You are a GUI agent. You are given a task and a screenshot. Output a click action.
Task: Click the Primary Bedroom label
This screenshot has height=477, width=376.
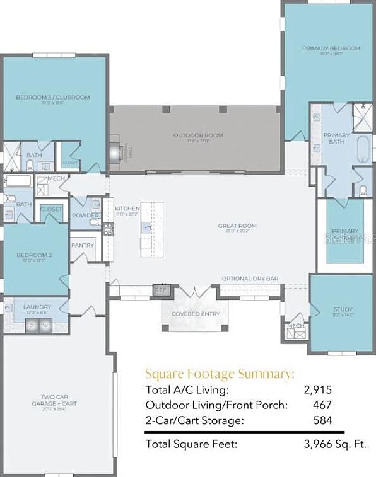pyautogui.click(x=331, y=49)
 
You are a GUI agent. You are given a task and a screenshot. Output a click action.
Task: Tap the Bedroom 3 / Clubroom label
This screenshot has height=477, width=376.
pyautogui.click(x=52, y=98)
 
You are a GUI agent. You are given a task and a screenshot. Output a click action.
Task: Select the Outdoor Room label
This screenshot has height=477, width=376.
pyautogui.click(x=198, y=135)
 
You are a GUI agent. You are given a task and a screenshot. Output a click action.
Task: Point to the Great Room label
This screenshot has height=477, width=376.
pyautogui.click(x=237, y=226)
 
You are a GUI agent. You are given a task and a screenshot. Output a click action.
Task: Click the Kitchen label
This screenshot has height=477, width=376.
pyautogui.click(x=127, y=209)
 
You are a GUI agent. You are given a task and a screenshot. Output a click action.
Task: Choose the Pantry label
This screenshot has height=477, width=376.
pyautogui.click(x=83, y=245)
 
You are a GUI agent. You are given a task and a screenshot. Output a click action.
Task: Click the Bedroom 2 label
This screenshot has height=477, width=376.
pyautogui.click(x=33, y=255)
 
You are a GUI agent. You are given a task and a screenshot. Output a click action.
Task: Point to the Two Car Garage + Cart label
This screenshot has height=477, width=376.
pyautogui.click(x=56, y=400)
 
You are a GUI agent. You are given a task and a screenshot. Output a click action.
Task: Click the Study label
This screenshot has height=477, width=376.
pyautogui.click(x=343, y=309)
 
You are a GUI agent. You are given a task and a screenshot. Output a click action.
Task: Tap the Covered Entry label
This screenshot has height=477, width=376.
pyautogui.click(x=196, y=313)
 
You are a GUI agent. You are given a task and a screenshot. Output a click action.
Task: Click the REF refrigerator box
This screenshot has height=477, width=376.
pyautogui.click(x=161, y=290)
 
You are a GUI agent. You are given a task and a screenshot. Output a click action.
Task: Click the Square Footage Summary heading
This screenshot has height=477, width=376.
pyautogui.click(x=220, y=374)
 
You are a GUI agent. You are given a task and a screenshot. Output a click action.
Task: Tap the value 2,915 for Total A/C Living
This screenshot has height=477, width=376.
pyautogui.click(x=318, y=390)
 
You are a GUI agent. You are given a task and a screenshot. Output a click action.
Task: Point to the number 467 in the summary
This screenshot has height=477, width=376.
pyautogui.click(x=322, y=405)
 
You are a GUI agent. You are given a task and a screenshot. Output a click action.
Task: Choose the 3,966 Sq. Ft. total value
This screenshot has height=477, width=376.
pyautogui.click(x=336, y=444)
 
